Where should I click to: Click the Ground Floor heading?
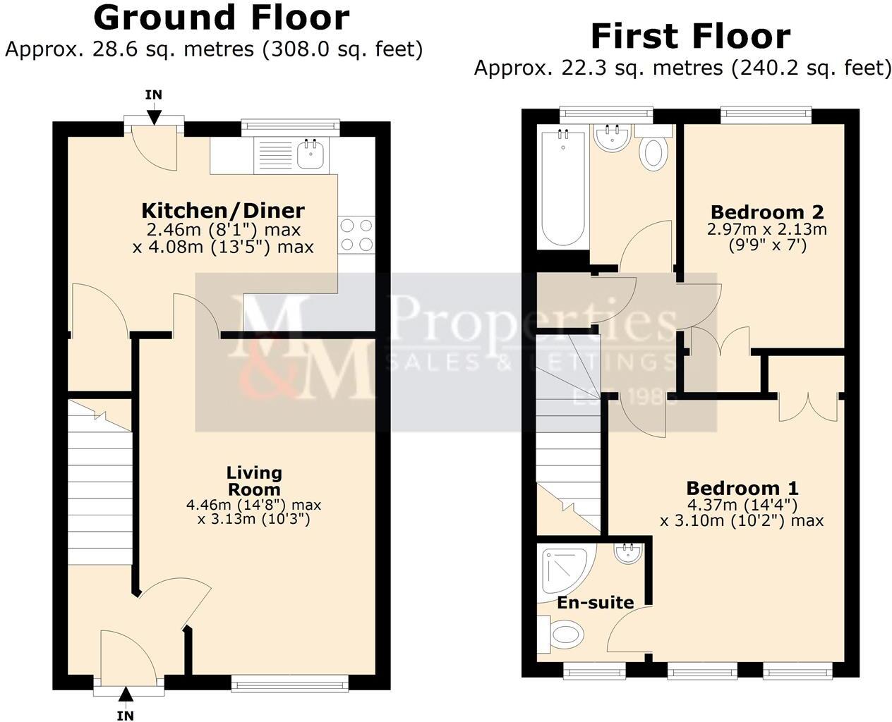[222, 18]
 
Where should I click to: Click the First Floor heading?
[690, 36]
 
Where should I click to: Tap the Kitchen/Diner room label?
[223, 210]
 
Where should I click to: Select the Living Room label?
[254, 480]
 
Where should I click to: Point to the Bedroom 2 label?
[767, 212]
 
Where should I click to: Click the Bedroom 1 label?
[742, 488]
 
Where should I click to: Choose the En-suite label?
[595, 603]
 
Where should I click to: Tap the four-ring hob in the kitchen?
[356, 235]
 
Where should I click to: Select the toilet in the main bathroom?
[655, 152]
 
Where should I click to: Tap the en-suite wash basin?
[628, 553]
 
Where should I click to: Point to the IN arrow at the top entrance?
[154, 104]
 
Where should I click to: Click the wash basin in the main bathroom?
[611, 138]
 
